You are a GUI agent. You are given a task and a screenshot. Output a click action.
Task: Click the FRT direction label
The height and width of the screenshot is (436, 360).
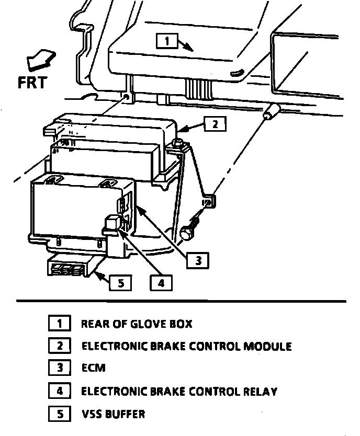32,83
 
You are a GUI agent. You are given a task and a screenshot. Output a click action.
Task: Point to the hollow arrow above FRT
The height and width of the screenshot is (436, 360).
41,59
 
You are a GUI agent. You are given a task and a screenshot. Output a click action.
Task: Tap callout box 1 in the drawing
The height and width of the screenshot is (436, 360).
166,41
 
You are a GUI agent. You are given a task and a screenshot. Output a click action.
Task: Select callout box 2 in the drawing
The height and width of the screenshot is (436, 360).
215,124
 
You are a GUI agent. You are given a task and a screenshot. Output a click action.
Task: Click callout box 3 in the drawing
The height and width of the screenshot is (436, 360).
198,260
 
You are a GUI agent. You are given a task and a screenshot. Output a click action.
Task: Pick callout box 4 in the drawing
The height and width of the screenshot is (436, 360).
161,283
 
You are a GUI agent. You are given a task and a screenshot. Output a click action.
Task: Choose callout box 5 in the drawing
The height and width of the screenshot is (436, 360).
120,283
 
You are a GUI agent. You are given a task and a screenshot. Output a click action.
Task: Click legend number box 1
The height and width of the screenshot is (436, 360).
60,323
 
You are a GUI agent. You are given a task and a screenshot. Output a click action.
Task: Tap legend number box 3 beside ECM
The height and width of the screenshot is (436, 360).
60,368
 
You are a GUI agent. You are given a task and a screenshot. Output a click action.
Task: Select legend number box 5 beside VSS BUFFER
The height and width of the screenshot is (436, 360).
60,414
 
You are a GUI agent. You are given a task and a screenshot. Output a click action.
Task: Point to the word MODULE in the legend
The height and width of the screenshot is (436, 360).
267,347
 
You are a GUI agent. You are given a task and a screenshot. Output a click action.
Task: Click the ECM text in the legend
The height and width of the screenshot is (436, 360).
94,368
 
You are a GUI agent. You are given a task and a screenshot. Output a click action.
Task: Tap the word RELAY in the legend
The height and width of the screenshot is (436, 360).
261,392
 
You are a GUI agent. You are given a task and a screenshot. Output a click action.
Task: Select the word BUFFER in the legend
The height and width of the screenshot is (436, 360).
125,414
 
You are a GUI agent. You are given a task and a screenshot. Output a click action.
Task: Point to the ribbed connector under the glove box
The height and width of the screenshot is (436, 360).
199,88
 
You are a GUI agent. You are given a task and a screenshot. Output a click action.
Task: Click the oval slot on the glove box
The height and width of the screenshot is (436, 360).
237,72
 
